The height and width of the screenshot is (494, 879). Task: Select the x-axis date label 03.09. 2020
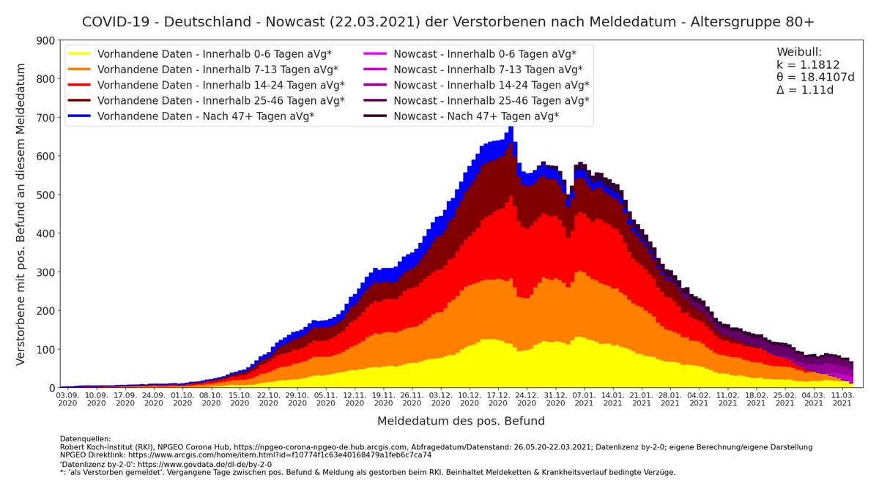pos(67,398)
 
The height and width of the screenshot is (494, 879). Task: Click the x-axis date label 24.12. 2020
pos(527,398)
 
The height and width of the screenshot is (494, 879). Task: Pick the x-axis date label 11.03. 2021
pos(842,398)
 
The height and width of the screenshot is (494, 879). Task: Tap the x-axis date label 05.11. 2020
pos(326,398)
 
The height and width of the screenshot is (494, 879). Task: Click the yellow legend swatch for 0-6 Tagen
pos(80,54)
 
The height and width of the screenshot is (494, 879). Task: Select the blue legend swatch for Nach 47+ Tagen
pos(80,116)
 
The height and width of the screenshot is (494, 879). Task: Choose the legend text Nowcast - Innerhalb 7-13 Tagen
pos(488,70)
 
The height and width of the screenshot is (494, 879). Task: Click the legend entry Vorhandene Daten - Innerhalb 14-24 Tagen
pos(220,85)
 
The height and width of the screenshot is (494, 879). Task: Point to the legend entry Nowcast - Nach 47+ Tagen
pos(476,116)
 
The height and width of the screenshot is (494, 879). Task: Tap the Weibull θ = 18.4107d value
pos(815,77)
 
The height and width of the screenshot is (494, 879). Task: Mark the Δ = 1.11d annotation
pos(805,90)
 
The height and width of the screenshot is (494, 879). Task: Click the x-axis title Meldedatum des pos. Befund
pos(461,422)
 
